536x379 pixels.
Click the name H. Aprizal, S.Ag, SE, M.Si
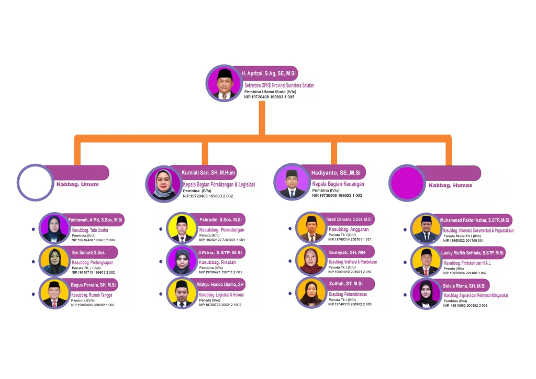point(269,74)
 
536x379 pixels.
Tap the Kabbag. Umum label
point(77,184)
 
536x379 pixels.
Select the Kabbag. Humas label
point(450,185)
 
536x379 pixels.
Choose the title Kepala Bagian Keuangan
point(338,184)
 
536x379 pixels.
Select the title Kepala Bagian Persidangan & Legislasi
point(219,185)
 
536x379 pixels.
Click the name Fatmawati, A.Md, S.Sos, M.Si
point(95,220)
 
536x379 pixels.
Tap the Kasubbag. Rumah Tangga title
point(92,295)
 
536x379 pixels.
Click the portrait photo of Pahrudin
point(182,228)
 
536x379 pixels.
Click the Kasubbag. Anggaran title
point(349,229)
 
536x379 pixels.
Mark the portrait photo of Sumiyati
point(311,260)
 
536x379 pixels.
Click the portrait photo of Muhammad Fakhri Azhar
point(426,228)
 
